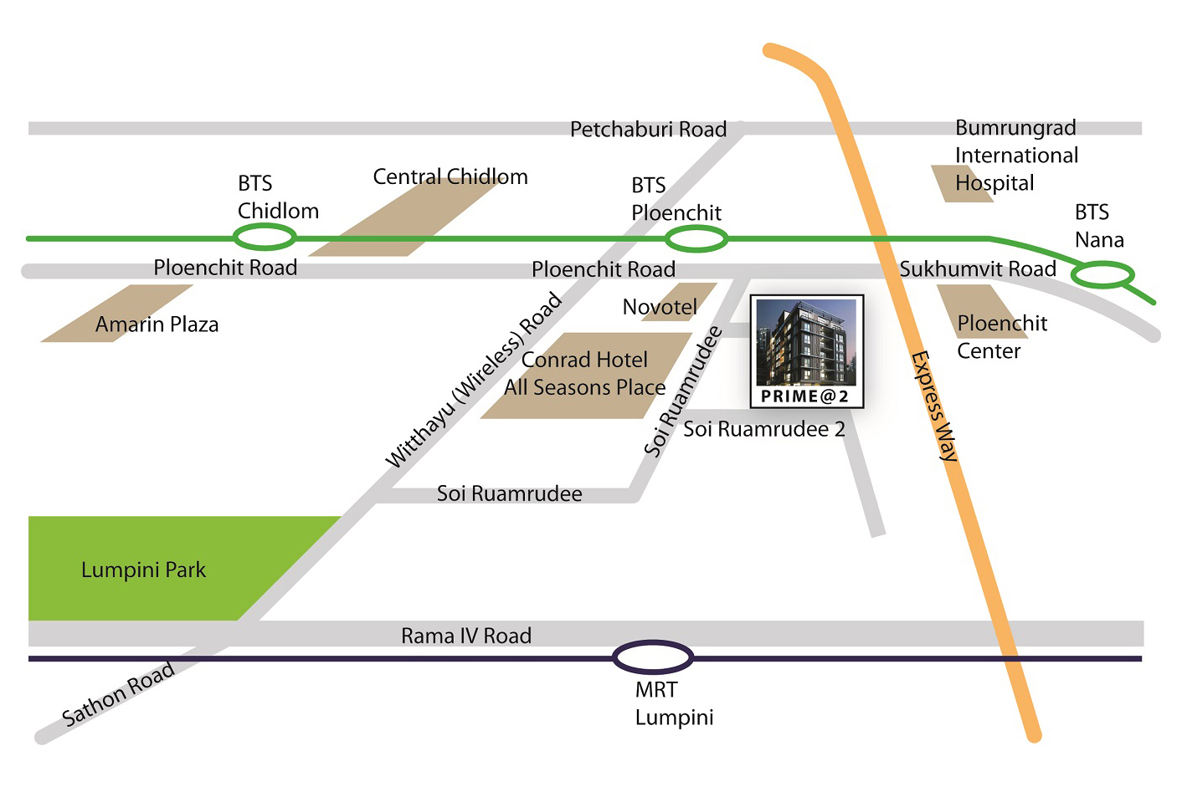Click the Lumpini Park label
coord(143,570)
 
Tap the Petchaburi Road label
coord(648,129)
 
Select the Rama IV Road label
coord(466,636)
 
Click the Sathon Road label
coord(118,693)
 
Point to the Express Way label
coord(934,406)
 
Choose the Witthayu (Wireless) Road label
coord(474,379)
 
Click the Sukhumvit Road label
coord(978,268)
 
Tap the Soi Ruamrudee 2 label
coord(764,429)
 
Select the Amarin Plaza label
coord(157,325)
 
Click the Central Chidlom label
coord(450,176)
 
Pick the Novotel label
coord(660,307)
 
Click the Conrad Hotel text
coord(584,360)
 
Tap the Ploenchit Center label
coord(1002,337)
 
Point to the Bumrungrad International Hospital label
coord(1016,155)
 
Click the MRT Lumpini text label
coord(674,703)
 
